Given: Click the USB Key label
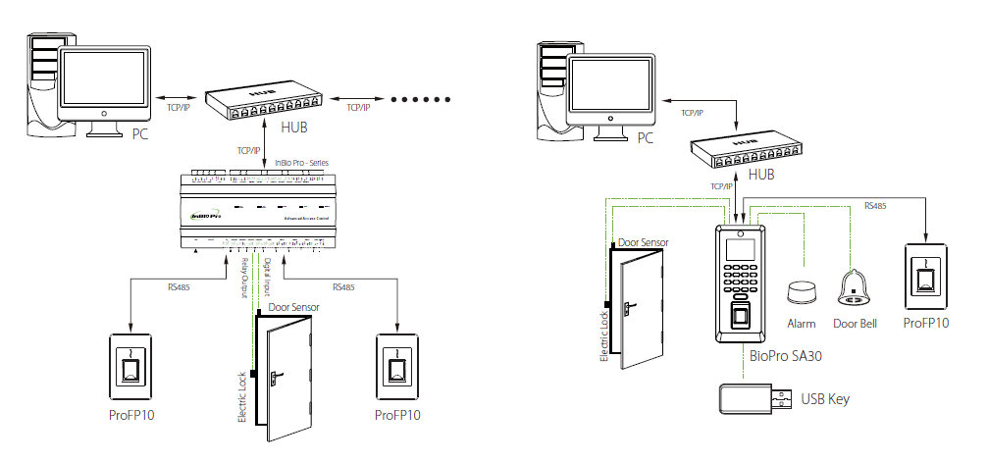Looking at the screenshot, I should coord(824,399).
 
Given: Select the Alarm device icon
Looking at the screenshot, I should coord(802,293).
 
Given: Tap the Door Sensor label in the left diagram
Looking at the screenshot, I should coord(294,307).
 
